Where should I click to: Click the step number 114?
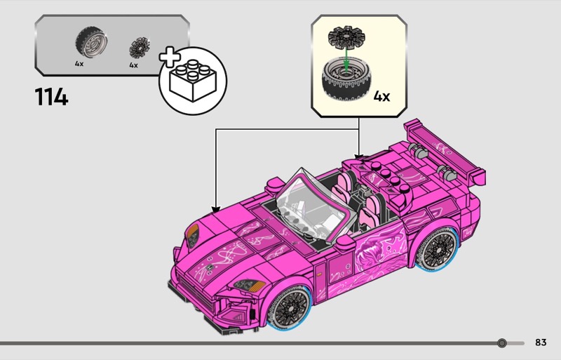pos(51,96)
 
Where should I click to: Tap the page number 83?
pos(540,342)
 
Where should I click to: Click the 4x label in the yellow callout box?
pos(381,96)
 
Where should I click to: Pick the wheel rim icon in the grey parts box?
pos(137,48)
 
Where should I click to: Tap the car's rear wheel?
pos(439,248)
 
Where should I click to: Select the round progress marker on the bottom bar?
pos(501,343)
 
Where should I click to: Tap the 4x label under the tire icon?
pos(79,63)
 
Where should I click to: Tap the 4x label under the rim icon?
pos(133,65)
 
